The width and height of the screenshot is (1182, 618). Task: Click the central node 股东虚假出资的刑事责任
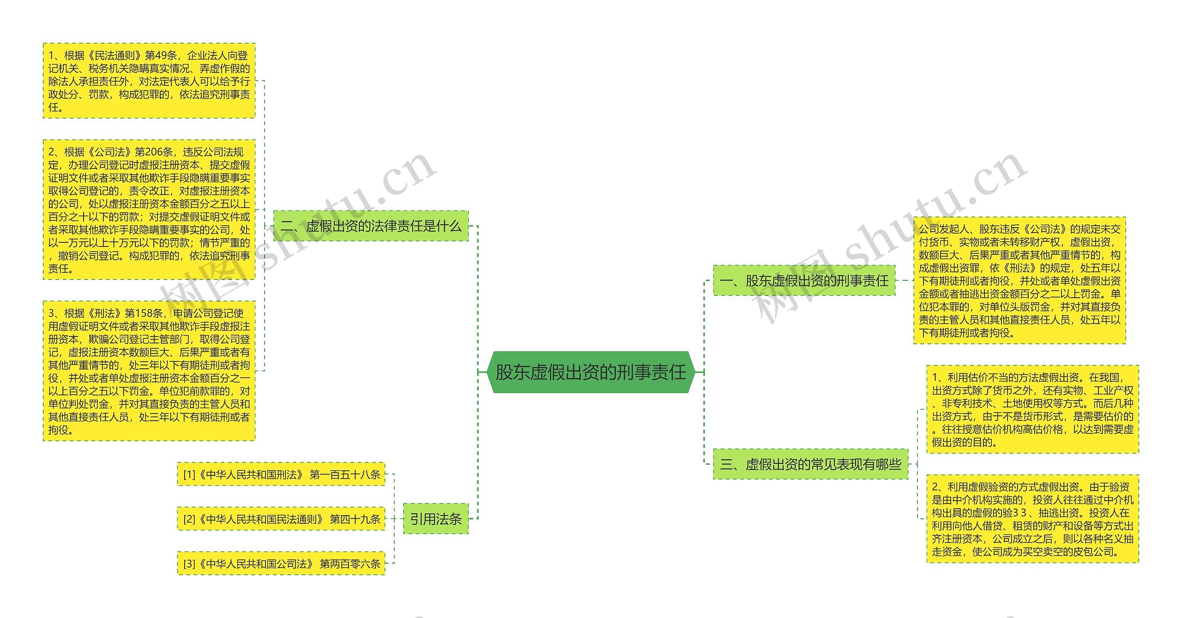coord(591,372)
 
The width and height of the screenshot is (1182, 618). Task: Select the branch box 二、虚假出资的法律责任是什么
coord(371,226)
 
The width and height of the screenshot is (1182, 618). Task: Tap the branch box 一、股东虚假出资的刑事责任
coord(804,281)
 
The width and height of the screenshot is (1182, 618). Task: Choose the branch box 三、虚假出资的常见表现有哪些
coord(810,464)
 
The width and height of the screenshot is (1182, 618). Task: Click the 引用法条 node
coord(435,519)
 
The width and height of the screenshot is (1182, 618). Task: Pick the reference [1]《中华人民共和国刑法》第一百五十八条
coord(281,474)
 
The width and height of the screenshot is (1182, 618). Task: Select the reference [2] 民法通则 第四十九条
coord(281,519)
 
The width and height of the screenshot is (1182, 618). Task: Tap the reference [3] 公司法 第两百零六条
coord(281,564)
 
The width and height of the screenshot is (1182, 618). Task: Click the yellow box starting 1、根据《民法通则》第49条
coord(149,81)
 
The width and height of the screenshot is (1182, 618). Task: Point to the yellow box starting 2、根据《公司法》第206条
coord(149,210)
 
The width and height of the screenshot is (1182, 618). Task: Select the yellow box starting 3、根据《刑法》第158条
coord(149,371)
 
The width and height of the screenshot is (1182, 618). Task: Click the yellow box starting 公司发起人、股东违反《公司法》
coord(1019,281)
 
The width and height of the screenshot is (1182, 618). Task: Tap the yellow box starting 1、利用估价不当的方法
coord(1032,409)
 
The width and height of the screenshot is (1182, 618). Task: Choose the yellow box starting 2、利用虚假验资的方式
coord(1032,519)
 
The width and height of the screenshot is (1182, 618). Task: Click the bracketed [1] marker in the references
coord(189,474)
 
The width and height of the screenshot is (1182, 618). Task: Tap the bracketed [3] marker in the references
coord(189,564)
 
